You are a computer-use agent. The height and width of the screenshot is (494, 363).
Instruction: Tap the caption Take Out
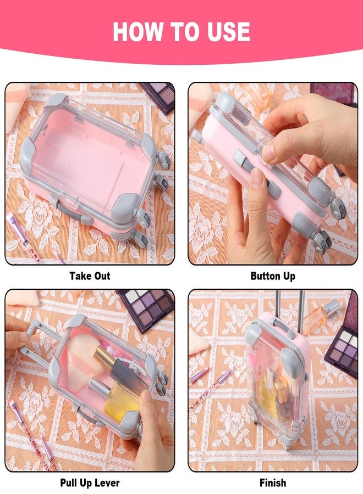point(90,276)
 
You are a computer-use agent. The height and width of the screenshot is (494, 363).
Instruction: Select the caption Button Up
point(273,276)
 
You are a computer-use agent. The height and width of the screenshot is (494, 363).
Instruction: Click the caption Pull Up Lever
point(90,482)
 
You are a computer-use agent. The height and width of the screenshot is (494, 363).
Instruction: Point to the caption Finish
point(273,482)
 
